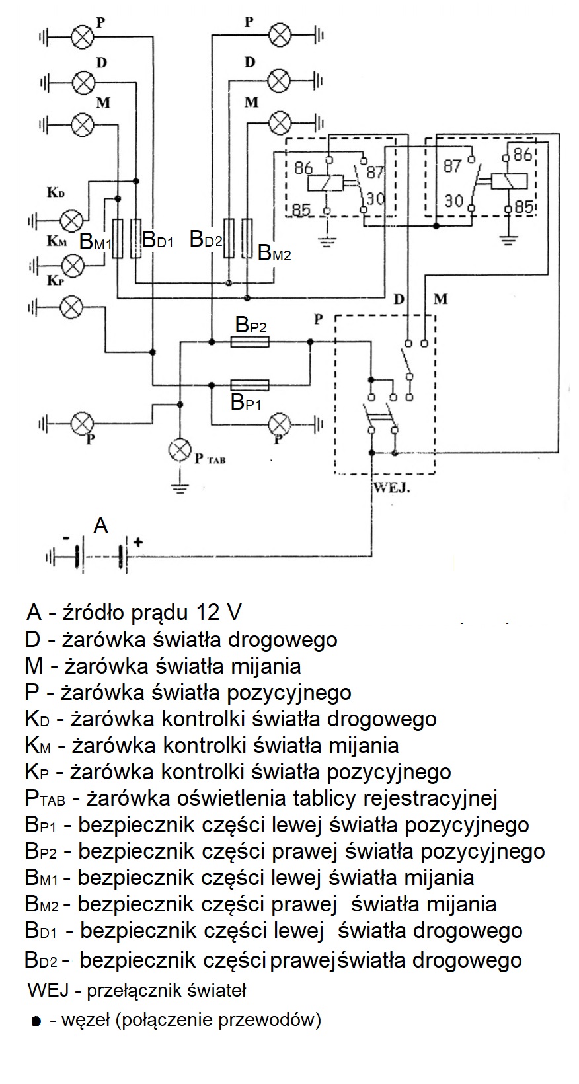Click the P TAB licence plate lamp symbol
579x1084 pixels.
(180, 450)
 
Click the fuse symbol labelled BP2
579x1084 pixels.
(250, 342)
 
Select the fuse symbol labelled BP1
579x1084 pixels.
(250, 385)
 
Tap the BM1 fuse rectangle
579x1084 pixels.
(118, 238)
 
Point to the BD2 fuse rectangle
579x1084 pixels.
(229, 238)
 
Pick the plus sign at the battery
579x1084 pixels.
(138, 541)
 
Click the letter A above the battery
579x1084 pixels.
(100, 525)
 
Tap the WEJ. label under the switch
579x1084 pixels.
(391, 488)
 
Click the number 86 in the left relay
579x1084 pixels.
(303, 168)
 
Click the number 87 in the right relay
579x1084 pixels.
(453, 166)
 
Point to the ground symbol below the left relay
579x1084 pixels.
(327, 240)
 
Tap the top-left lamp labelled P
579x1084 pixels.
(83, 36)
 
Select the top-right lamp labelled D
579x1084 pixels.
(280, 81)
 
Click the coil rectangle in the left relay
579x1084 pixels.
(325, 183)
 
